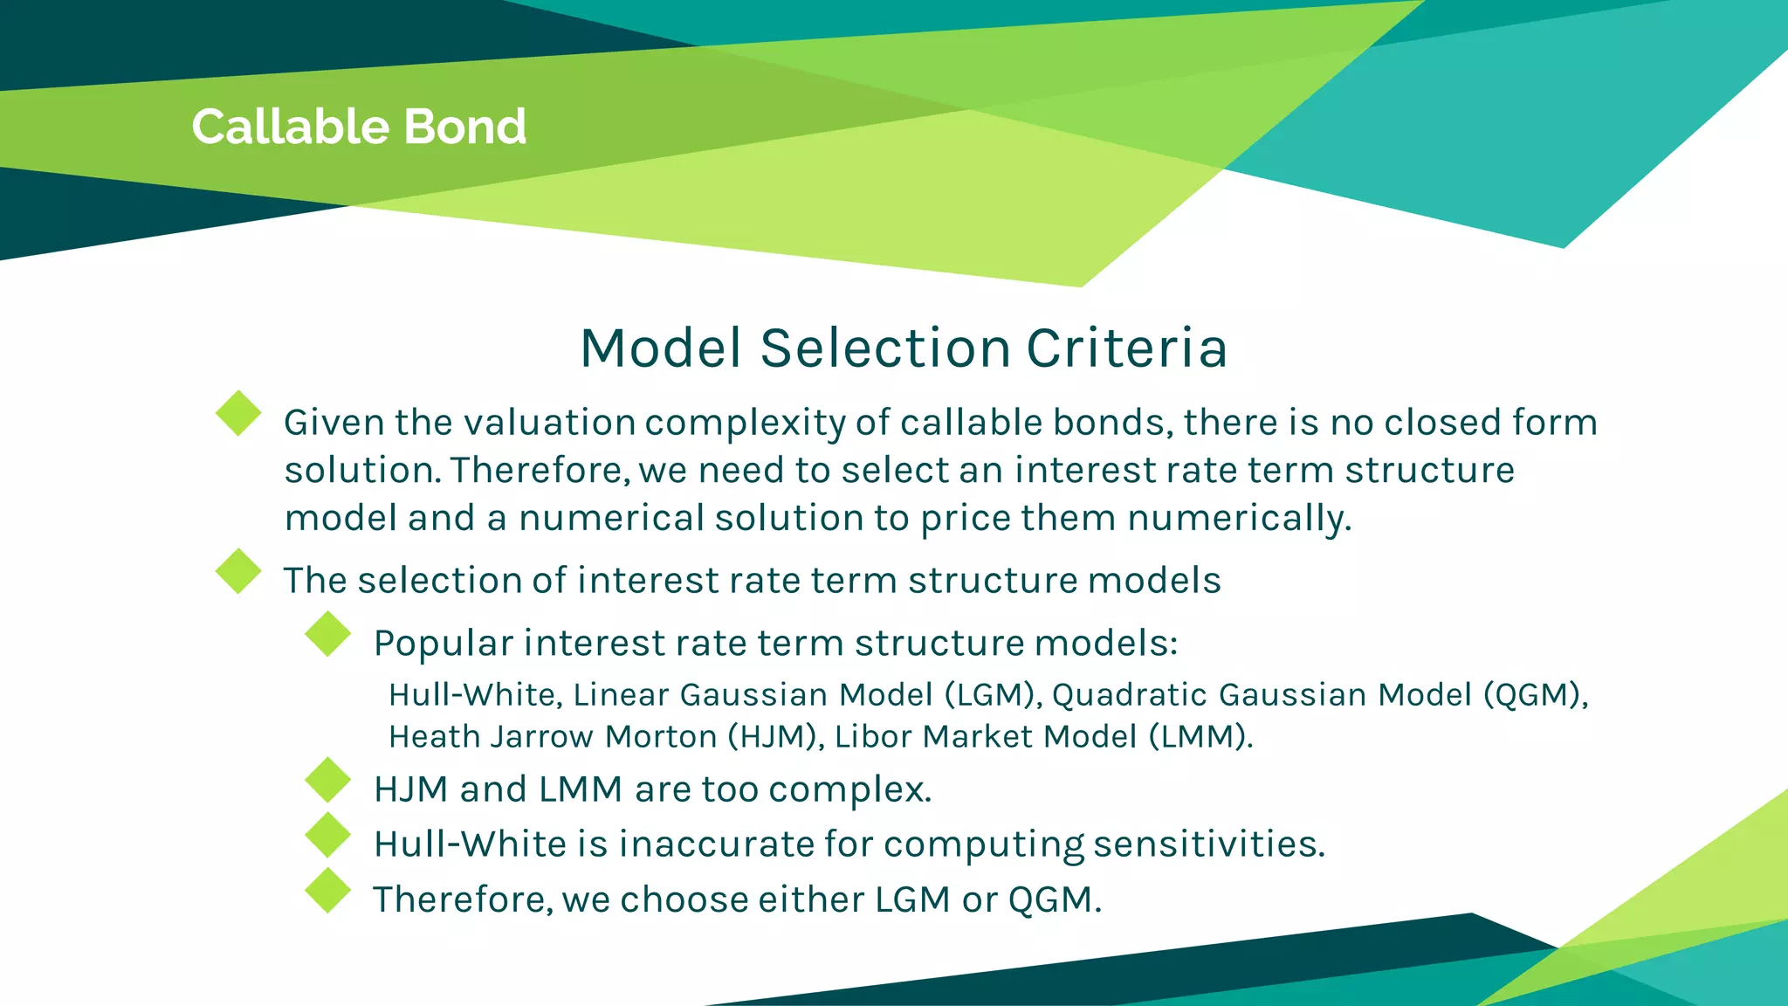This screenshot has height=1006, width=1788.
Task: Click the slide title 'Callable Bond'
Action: (359, 127)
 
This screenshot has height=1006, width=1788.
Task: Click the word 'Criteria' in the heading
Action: (1126, 348)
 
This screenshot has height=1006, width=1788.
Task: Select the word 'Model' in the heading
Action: (661, 348)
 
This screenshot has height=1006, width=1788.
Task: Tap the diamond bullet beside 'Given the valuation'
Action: (238, 413)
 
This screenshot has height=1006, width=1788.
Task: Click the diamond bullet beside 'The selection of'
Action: (238, 571)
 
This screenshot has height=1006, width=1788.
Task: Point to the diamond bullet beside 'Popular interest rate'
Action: (328, 634)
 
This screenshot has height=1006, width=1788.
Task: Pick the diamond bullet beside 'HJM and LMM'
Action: (328, 780)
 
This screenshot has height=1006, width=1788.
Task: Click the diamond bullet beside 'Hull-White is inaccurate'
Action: (328, 835)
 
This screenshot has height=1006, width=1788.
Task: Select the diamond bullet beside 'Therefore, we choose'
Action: (328, 891)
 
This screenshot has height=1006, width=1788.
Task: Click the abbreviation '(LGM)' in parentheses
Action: (993, 695)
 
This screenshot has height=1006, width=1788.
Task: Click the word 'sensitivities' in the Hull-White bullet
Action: (1208, 844)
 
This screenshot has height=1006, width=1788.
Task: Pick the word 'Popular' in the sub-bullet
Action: (444, 644)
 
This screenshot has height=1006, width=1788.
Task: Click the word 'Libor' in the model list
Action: (873, 737)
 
